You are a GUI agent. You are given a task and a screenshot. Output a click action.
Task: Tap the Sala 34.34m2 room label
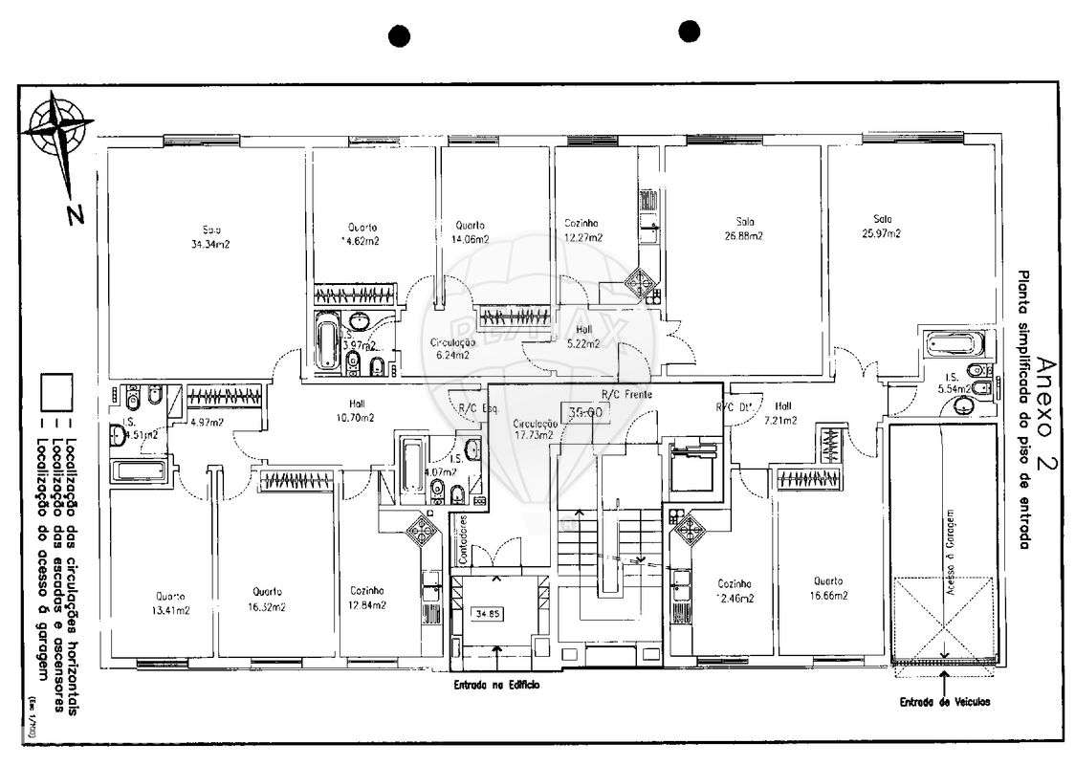tap(210, 236)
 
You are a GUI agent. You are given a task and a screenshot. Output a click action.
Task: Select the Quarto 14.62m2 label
tap(362, 234)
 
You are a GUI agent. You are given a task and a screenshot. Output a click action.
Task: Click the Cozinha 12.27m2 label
tap(582, 229)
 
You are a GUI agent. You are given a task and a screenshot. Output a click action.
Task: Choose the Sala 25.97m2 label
tap(881, 226)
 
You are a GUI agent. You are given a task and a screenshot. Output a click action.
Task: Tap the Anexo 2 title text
tap(1045, 410)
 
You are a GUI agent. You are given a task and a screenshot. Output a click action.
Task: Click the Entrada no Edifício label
tap(496, 685)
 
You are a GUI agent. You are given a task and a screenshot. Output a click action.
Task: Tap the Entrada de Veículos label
tap(944, 701)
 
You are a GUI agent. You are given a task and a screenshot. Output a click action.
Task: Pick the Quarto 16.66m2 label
tap(827, 587)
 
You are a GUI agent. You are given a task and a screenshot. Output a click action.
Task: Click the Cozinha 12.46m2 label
tap(735, 591)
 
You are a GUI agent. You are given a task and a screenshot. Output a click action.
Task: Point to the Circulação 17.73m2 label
tap(535, 428)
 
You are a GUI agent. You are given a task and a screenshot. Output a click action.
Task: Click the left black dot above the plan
tap(400, 36)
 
